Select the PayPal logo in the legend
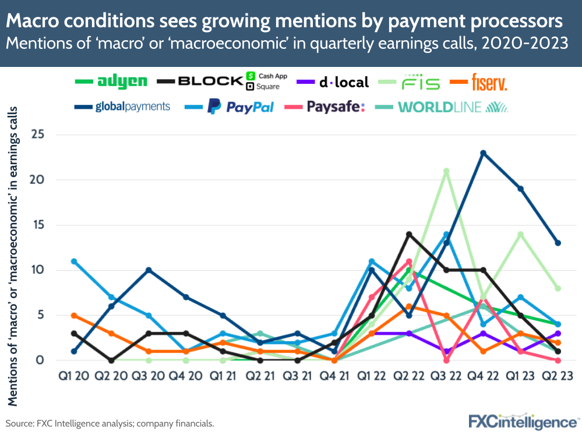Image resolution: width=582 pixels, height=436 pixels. tap(241, 107)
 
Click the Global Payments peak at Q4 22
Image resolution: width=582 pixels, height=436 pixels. tap(483, 153)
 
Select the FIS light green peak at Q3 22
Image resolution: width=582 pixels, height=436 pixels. tap(446, 171)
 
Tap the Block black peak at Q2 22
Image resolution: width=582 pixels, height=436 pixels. tap(409, 234)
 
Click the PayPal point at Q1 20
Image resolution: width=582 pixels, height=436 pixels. tap(73, 261)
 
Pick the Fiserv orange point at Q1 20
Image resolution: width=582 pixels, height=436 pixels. tap(73, 315)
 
